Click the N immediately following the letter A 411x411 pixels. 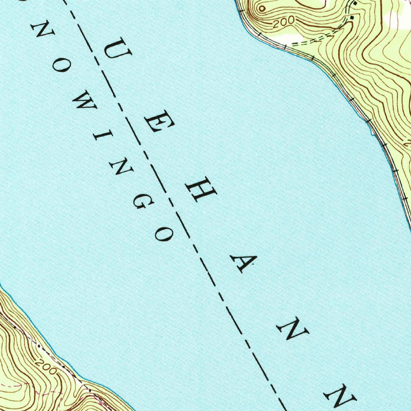[x=293, y=331]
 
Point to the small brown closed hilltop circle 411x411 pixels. [x=262, y=8]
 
